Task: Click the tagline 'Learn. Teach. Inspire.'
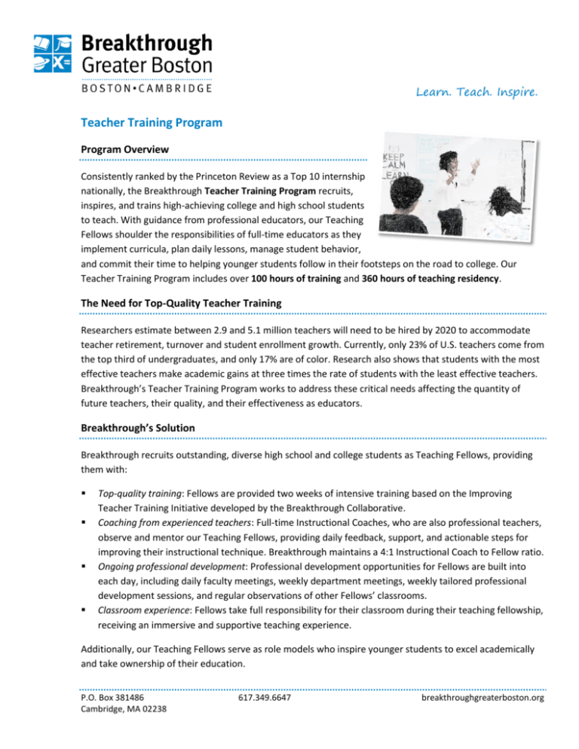(x=486, y=93)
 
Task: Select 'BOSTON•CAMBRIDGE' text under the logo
(x=146, y=87)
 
